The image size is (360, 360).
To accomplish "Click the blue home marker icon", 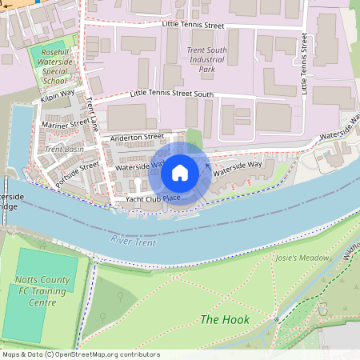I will pos(180,172).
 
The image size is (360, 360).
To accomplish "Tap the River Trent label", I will pos(133,240).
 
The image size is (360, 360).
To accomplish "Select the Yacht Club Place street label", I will pos(152,198).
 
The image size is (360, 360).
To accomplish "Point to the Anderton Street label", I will pos(137,137).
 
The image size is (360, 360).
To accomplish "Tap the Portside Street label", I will pos(78,174).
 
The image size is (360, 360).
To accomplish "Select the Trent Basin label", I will pos(64,149).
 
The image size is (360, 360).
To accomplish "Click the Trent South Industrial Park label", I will pos(207,59).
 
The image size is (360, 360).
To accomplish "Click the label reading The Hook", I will pos(225,319).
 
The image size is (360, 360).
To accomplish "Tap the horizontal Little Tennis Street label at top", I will pos(193,26).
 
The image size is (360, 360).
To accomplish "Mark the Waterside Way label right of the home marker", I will pos(238,166).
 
